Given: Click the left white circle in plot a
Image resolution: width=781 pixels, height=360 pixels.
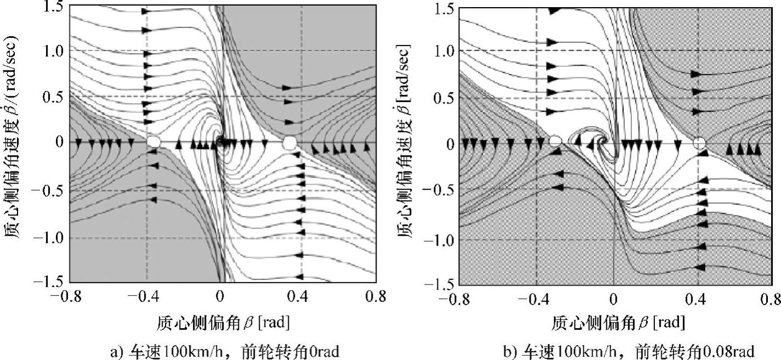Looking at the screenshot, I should [154, 142].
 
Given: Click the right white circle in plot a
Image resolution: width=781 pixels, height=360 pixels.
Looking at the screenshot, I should [289, 142].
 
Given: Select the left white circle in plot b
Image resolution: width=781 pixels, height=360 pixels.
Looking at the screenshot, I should [555, 142].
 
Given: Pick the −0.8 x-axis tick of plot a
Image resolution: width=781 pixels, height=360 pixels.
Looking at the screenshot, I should [69, 296].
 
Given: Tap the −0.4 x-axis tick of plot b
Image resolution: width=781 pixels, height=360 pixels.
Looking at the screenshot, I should [534, 299].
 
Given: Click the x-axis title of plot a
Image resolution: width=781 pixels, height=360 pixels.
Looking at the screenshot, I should [223, 322].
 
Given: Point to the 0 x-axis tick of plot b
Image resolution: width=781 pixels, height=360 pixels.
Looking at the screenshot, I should [614, 299].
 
